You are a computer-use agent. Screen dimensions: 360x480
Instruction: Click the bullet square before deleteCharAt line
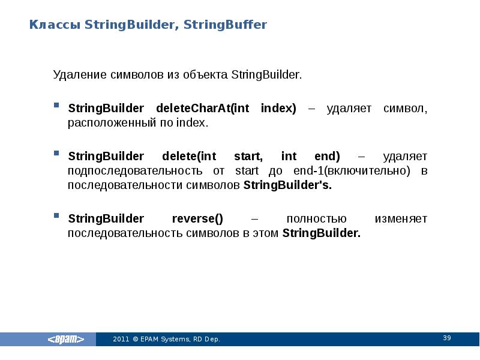tap(56, 106)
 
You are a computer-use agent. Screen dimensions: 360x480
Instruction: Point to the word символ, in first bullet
tap(405, 109)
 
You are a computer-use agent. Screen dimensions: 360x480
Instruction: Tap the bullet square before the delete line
tap(56, 154)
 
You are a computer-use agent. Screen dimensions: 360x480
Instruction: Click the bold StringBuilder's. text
tap(287, 185)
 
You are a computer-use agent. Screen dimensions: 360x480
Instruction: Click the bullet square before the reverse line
tap(56, 216)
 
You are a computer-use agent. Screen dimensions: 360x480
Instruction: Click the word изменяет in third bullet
tap(401, 219)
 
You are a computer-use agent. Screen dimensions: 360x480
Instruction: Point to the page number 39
tap(447, 338)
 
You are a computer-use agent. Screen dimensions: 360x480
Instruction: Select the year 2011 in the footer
tap(121, 340)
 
